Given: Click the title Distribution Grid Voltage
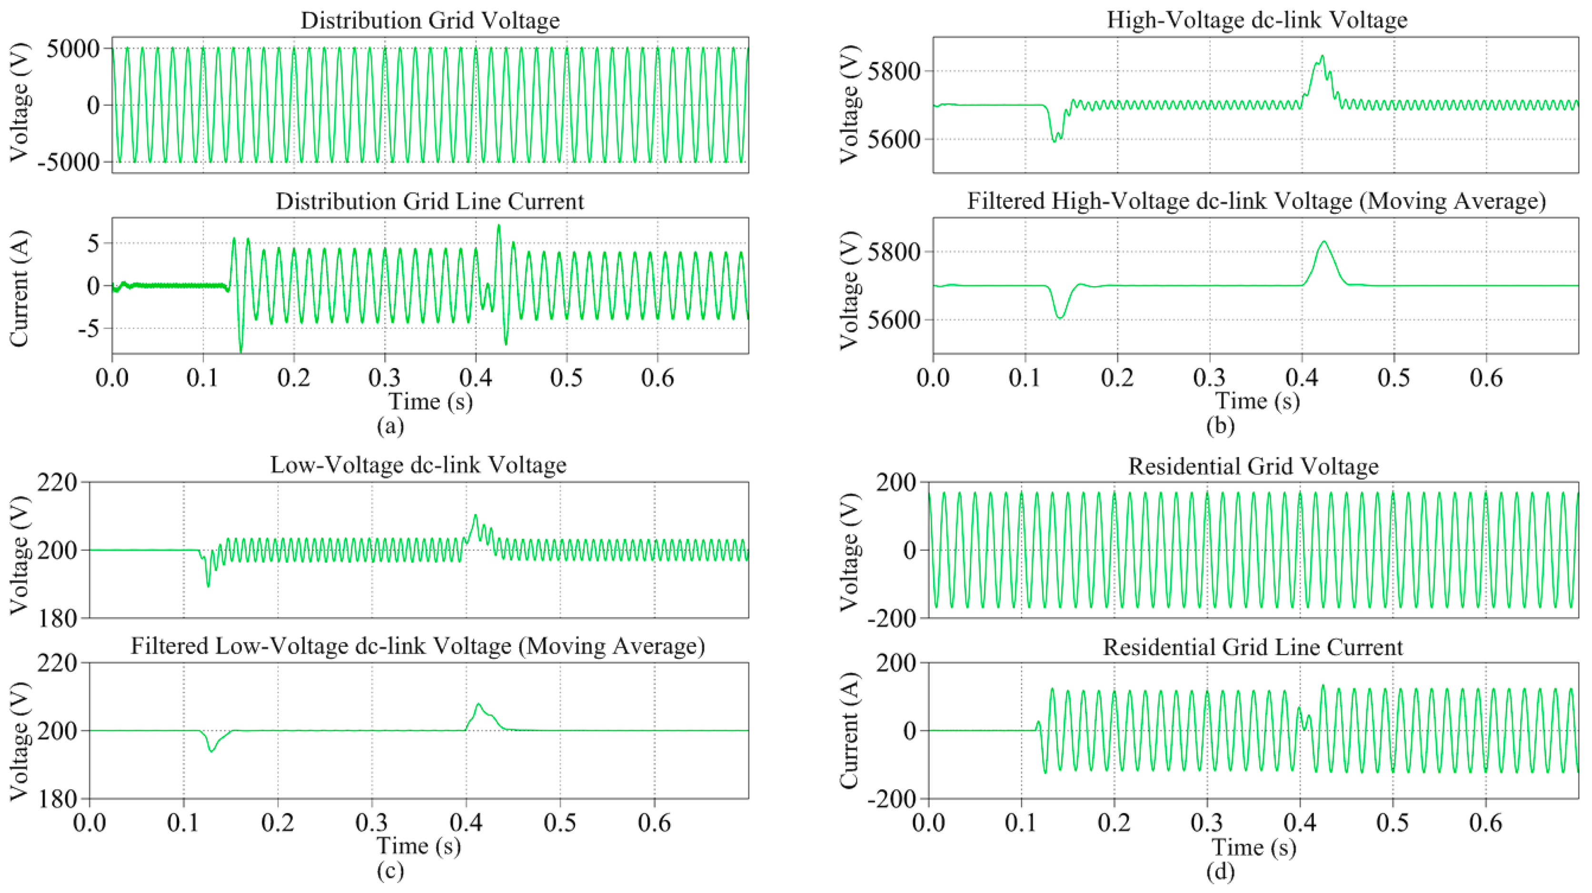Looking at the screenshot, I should (x=430, y=20).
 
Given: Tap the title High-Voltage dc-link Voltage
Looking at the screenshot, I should (x=1256, y=20).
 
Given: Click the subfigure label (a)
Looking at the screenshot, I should (x=390, y=426).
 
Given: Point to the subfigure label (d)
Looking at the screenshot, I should (x=1220, y=872).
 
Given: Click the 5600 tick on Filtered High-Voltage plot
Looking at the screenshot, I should (x=894, y=321).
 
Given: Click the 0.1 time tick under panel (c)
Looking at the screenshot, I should (x=184, y=823).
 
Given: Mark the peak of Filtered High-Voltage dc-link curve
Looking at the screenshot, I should (x=1324, y=242).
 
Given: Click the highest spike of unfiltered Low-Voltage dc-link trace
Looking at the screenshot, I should (x=475, y=515).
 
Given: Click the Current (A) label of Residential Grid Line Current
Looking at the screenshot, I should (x=850, y=731).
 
